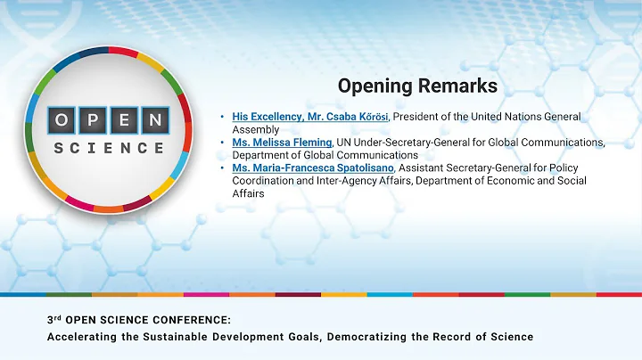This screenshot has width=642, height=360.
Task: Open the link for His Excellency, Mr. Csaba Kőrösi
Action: click(310, 117)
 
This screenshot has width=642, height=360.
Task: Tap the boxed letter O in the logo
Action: click(62, 120)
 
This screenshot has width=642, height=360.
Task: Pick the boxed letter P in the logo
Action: click(93, 120)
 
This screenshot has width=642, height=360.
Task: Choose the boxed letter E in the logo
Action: click(123, 120)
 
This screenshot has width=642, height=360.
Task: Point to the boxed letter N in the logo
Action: click(154, 120)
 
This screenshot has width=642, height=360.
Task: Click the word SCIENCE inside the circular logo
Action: click(109, 148)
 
